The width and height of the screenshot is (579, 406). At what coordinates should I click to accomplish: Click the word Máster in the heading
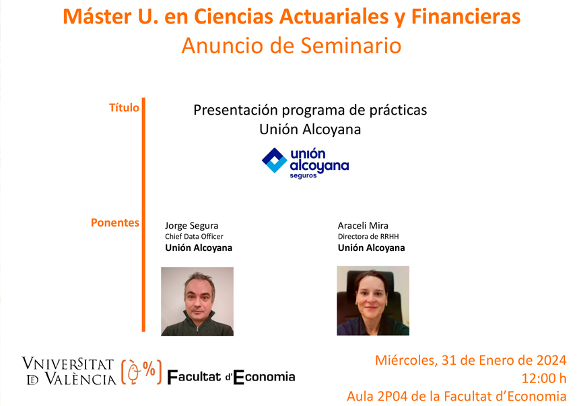point(98,17)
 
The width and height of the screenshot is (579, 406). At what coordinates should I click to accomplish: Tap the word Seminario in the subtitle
point(351,46)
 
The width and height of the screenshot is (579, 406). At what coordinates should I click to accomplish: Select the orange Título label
point(124,108)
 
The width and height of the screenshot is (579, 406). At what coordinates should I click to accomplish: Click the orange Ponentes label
point(115,223)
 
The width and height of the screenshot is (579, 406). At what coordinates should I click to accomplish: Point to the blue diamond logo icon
point(275,161)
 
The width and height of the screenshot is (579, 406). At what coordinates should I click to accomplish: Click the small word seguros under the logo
point(303,175)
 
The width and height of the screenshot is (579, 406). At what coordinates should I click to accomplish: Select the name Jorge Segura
point(191,225)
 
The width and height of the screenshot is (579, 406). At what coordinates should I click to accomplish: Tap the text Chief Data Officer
point(194,237)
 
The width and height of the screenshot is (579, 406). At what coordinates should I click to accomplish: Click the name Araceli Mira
point(363,225)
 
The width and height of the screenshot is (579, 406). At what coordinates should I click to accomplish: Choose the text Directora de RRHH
point(368,237)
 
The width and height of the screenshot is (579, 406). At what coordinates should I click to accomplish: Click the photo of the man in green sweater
point(197,301)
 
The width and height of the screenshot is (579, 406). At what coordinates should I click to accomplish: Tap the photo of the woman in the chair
point(373,301)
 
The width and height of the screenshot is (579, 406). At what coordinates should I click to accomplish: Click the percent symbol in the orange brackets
point(149,368)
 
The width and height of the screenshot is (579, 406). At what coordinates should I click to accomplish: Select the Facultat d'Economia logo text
point(231,377)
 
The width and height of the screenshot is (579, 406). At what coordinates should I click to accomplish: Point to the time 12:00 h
point(544,378)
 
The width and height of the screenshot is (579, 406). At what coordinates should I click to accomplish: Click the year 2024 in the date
point(551,360)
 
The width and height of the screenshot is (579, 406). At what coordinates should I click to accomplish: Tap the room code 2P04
point(392,397)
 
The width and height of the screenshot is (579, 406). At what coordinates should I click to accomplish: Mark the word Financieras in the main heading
point(466,17)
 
